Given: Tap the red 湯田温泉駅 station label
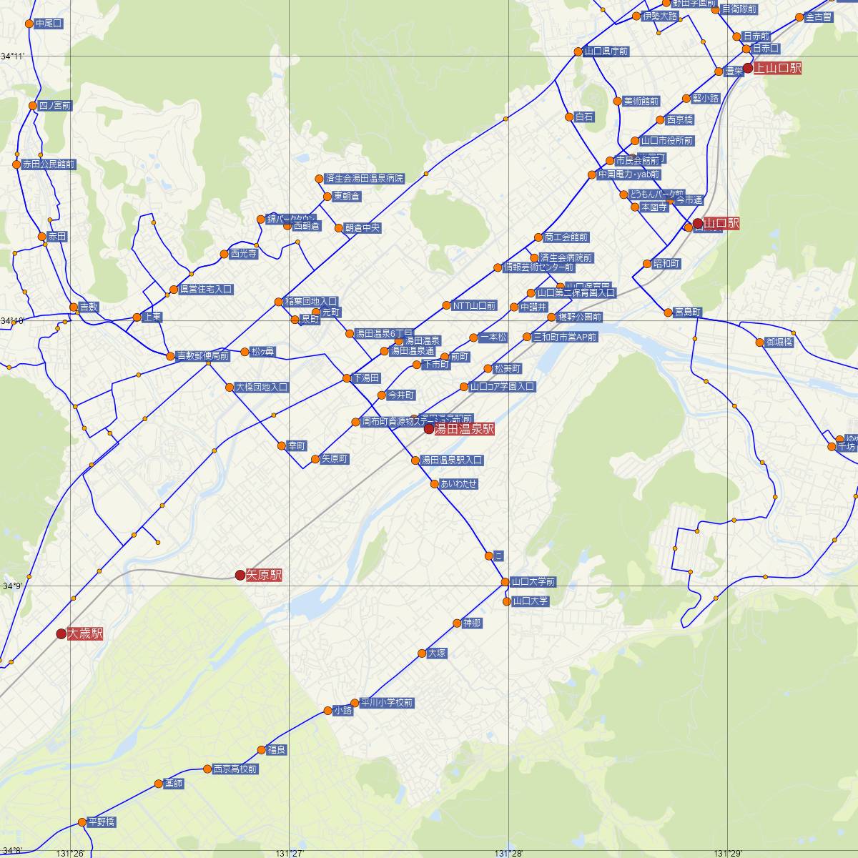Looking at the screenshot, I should [x=465, y=430].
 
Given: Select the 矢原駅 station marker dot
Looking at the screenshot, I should [x=240, y=575].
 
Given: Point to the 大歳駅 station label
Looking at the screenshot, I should [x=86, y=634].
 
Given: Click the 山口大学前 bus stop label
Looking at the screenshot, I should [x=533, y=582].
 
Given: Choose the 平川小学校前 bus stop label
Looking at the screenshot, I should [x=387, y=703].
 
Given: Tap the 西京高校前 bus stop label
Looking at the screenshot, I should [x=235, y=769].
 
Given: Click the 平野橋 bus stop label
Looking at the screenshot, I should [x=101, y=822].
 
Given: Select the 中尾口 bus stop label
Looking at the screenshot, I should [x=49, y=24].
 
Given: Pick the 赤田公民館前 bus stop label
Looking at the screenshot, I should [x=49, y=164].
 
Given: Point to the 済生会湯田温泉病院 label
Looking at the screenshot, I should [x=365, y=178].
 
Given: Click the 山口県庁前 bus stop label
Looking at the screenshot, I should [x=606, y=51].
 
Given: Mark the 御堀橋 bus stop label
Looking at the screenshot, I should [x=779, y=342].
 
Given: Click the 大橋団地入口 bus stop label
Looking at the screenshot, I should [x=262, y=388].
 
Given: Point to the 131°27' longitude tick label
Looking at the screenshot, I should [x=290, y=853].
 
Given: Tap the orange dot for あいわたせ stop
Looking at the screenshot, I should [x=435, y=484].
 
